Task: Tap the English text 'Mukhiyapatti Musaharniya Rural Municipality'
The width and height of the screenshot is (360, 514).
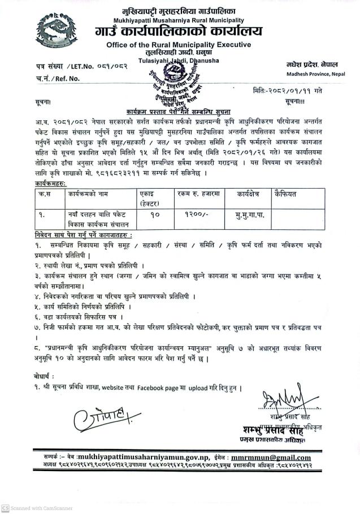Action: [x=179, y=18]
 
